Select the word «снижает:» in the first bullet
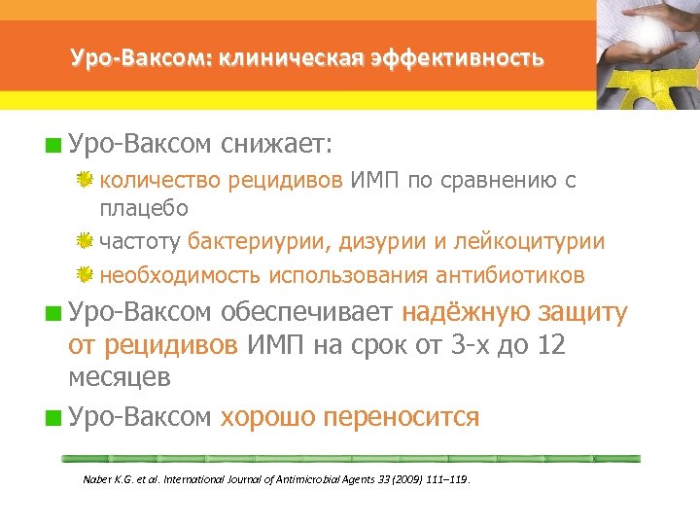coord(276,145)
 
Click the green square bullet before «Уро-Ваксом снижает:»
coord(58,147)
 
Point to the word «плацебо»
coord(144,207)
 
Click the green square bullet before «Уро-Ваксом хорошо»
coord(58,419)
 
